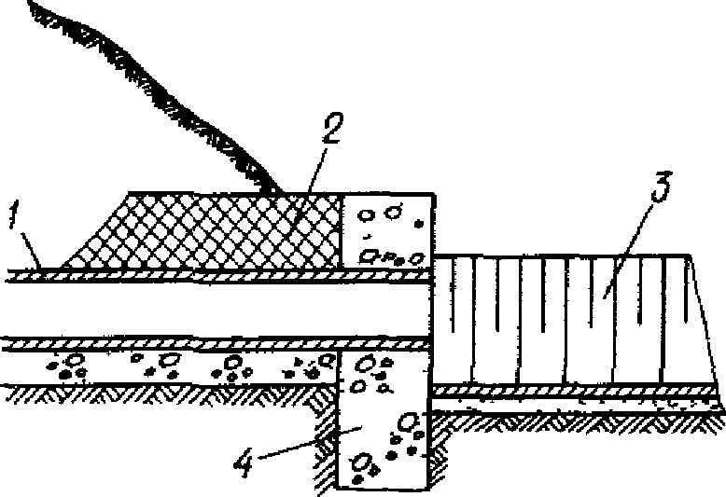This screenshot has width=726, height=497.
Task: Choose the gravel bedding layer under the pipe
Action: (168, 367)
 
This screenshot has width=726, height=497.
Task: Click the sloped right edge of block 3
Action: (705, 326)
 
